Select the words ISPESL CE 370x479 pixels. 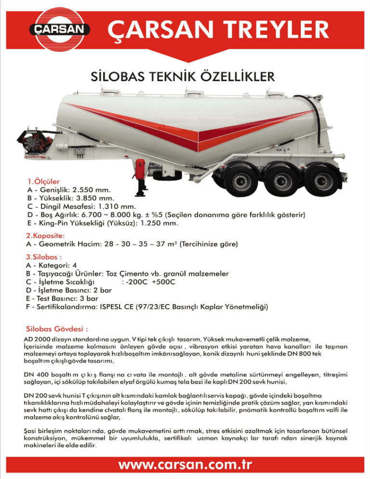point(120,306)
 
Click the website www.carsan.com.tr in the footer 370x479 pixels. point(185,465)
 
